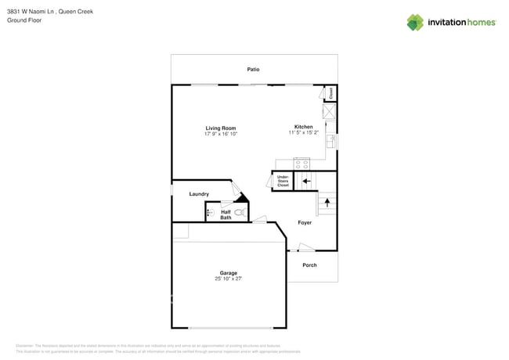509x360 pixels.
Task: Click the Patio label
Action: pos(253,70)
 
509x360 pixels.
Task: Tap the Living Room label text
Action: pos(221,128)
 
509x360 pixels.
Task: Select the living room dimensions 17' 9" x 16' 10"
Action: pos(221,134)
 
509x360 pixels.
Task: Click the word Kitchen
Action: pos(303,127)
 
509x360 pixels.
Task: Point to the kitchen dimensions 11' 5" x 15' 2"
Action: pos(303,133)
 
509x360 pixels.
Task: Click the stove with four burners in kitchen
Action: pos(301,164)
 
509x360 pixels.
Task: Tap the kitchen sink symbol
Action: pos(331,142)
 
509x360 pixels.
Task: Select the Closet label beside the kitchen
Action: pos(331,93)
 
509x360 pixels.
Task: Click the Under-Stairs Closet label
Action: pos(283,181)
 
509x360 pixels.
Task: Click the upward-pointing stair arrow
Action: pos(327,203)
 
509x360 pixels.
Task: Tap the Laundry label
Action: pos(199,194)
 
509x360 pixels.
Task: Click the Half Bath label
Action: pos(226,214)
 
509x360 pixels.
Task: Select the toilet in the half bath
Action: pos(240,212)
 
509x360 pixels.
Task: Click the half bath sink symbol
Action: pos(210,212)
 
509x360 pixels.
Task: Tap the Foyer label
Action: pos(305,223)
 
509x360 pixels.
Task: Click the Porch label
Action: pos(309,265)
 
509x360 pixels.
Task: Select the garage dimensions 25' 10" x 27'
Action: pos(228,279)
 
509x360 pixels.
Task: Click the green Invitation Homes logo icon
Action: pos(415,22)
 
